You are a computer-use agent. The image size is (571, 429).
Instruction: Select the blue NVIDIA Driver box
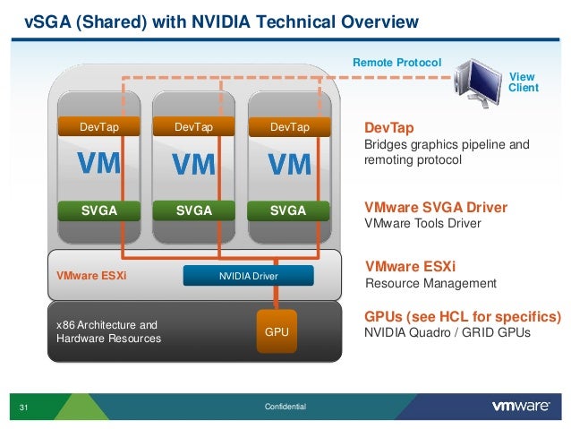click(x=249, y=276)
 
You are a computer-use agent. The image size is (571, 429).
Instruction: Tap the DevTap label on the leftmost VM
click(x=98, y=128)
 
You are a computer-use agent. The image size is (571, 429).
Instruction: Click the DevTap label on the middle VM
click(x=193, y=128)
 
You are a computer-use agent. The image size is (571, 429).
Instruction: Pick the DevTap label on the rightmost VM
click(x=289, y=128)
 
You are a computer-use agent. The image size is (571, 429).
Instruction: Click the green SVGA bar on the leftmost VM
click(x=98, y=211)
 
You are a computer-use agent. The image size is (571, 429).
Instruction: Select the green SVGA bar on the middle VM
click(x=193, y=211)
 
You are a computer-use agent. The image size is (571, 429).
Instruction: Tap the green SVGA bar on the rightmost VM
click(x=289, y=211)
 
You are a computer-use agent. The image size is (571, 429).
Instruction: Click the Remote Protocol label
click(x=396, y=63)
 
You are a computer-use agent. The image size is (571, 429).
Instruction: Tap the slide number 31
click(x=24, y=408)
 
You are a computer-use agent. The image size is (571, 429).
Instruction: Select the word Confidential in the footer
click(x=285, y=408)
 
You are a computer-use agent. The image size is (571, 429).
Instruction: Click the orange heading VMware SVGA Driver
click(x=436, y=208)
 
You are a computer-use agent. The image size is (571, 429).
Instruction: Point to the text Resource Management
click(x=430, y=283)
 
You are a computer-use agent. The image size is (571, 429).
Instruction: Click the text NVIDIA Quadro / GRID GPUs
click(x=447, y=333)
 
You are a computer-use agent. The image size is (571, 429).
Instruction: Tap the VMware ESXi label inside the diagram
click(x=91, y=276)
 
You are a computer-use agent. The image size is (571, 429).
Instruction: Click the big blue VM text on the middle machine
click(x=193, y=166)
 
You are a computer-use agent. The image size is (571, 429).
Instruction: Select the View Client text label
click(x=524, y=82)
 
